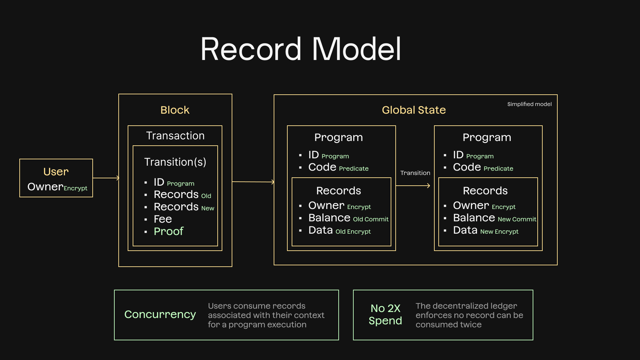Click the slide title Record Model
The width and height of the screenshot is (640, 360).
[301, 49]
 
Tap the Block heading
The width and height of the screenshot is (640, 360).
[175, 110]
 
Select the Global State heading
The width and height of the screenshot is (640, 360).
[414, 110]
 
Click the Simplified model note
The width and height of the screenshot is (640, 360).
[529, 104]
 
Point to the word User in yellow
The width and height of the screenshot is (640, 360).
[56, 172]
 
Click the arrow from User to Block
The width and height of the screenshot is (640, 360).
[106, 178]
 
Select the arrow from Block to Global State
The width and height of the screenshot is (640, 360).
[253, 182]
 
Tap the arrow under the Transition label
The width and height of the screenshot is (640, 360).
[413, 186]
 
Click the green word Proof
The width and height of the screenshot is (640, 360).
[168, 231]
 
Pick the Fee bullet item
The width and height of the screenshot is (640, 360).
[163, 219]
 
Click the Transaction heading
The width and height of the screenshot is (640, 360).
[175, 136]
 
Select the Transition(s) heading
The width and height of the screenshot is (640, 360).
[175, 162]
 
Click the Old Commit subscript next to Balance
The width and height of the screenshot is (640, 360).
[371, 219]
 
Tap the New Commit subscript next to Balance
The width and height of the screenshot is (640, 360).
[517, 219]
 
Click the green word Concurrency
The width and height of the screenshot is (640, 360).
[160, 314]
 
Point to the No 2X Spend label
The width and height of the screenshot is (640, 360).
[385, 314]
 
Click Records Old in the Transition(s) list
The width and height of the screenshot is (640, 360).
[182, 194]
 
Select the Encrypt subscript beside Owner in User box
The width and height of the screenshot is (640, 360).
[75, 188]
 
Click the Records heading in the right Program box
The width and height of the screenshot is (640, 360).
[485, 191]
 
